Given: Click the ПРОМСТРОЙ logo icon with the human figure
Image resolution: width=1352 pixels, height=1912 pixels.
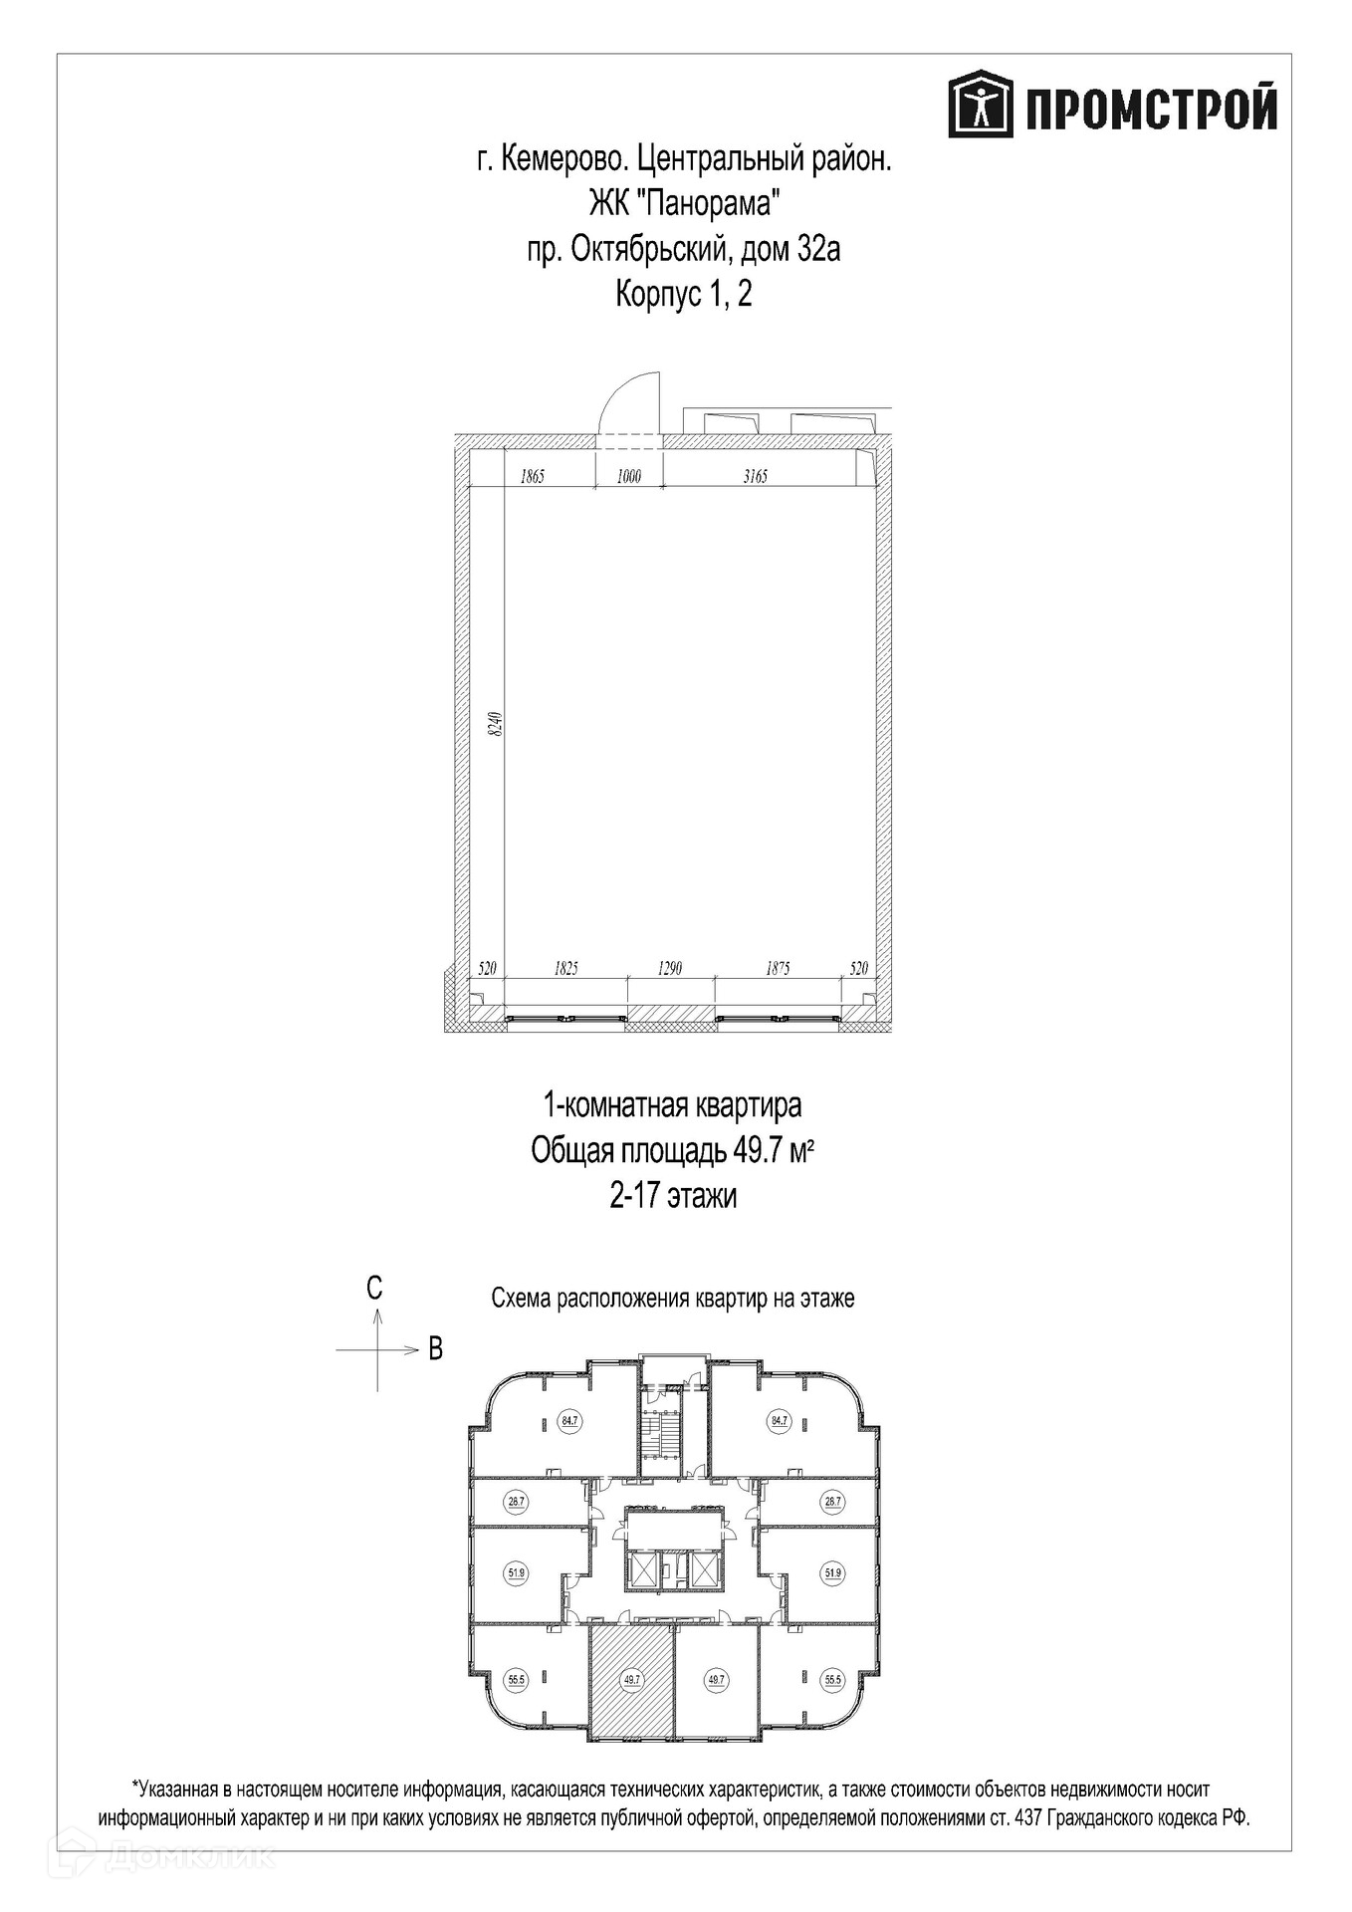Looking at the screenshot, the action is click(981, 104).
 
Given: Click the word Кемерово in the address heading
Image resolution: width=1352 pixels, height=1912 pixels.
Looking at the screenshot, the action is click(561, 159).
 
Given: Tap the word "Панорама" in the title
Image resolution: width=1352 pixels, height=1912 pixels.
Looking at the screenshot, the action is click(707, 203).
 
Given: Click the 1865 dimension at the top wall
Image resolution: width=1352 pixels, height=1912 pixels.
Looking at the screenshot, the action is click(533, 476).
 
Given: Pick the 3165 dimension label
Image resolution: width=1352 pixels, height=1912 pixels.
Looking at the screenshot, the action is click(756, 476).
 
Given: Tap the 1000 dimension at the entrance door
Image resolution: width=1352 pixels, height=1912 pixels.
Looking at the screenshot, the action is click(629, 476).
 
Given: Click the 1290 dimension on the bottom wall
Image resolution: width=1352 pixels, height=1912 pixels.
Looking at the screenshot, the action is click(670, 968).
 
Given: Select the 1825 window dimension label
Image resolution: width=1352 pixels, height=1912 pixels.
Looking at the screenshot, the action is click(565, 968).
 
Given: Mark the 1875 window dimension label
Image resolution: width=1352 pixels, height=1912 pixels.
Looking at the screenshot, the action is click(778, 968).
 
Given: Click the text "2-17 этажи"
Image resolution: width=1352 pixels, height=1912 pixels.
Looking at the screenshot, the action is click(674, 1195).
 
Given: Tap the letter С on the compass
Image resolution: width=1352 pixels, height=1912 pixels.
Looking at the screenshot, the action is click(374, 1289).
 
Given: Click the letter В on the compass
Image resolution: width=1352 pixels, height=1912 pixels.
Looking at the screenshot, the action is click(435, 1348).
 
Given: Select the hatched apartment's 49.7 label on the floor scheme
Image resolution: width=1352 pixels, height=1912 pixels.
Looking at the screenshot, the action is click(630, 1679).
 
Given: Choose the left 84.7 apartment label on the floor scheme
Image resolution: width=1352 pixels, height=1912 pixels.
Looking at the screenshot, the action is click(569, 1421).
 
